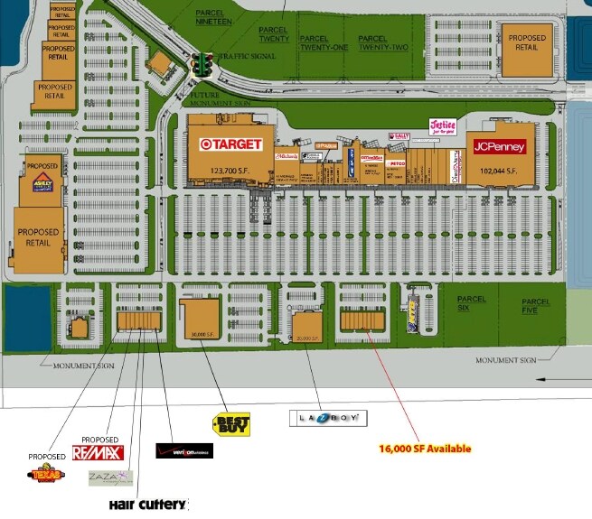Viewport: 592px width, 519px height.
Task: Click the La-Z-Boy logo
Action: click(x=328, y=418)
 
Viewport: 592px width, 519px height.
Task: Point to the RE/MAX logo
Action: click(x=97, y=452)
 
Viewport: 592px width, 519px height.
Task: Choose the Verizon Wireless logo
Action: click(x=184, y=450)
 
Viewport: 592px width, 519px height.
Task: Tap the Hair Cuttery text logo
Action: click(x=148, y=504)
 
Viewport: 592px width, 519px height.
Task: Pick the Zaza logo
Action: click(x=109, y=477)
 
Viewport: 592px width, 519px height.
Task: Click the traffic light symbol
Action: click(x=204, y=65)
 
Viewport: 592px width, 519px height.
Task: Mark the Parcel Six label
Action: click(x=471, y=304)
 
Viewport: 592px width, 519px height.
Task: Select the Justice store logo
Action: click(x=442, y=125)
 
